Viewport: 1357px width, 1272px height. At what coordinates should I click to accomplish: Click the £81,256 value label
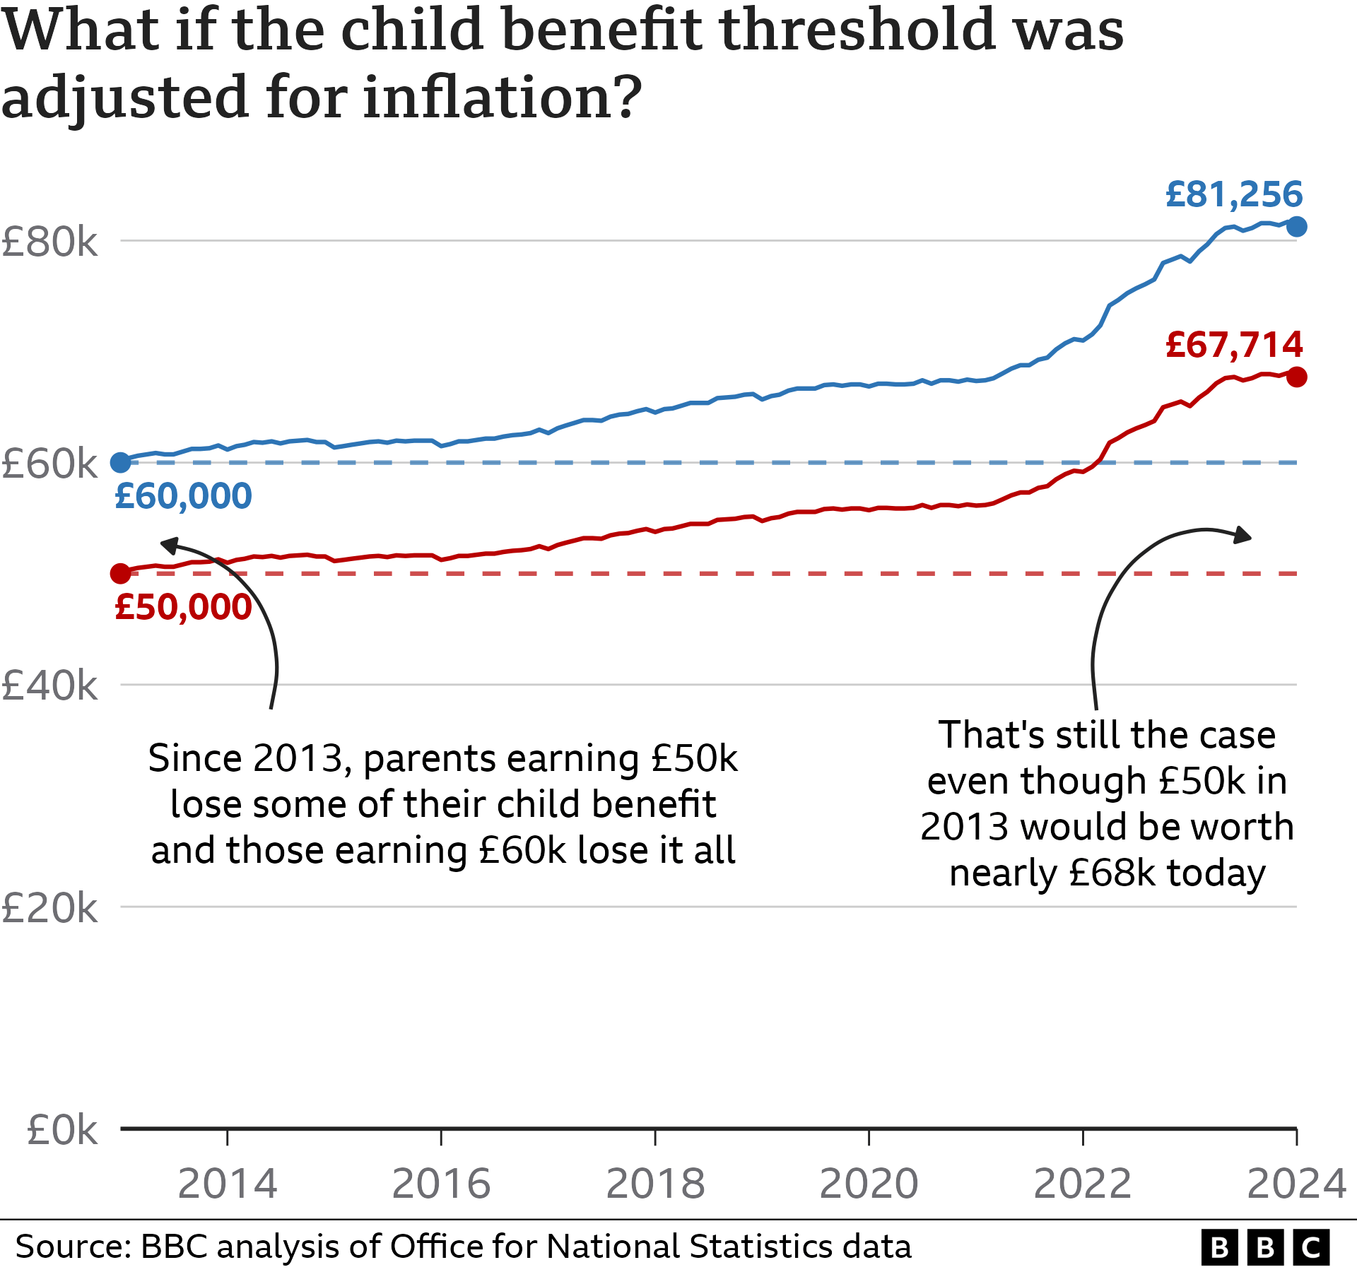[1233, 194]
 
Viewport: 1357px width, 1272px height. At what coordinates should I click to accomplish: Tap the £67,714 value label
[1233, 345]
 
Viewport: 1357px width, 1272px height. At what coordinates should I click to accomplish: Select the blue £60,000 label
[183, 496]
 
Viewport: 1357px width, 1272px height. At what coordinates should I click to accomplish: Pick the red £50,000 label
[183, 607]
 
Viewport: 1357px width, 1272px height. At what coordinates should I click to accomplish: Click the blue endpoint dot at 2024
[1296, 227]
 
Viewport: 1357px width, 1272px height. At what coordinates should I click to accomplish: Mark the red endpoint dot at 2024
[1296, 377]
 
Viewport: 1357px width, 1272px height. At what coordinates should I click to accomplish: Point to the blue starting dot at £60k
[121, 463]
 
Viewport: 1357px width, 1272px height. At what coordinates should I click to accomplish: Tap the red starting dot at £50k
[121, 573]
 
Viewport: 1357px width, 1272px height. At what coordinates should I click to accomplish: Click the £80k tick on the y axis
[49, 242]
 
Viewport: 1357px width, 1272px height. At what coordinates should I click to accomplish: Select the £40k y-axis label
[49, 685]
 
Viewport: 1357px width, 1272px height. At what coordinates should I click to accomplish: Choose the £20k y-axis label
[49, 908]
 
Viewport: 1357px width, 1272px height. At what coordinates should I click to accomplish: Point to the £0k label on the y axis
[62, 1130]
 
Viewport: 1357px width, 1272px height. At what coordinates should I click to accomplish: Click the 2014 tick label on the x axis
[227, 1184]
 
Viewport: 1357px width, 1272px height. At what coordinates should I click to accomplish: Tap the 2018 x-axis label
[655, 1184]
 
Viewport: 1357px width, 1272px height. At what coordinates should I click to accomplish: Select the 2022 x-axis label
[1082, 1184]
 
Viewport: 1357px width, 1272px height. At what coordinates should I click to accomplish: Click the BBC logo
[1264, 1247]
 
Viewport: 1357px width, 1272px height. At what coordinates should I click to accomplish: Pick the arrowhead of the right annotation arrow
[1242, 536]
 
